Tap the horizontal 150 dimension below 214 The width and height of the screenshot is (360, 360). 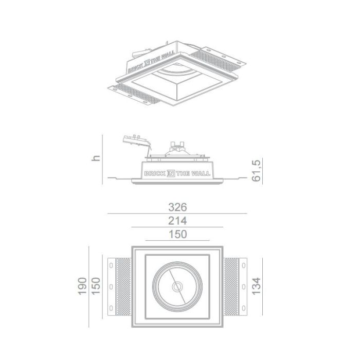click(177, 235)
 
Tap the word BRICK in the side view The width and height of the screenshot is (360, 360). click(155, 174)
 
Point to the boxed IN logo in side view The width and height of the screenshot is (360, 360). click(171, 174)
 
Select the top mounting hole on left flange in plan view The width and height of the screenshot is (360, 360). click(111, 266)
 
